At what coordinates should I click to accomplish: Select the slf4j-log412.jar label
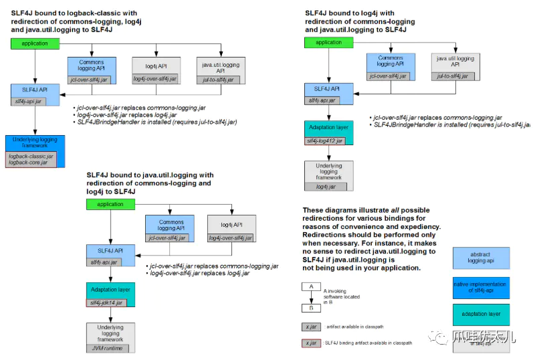pos(324,141)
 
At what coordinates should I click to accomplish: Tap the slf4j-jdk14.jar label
pos(107,302)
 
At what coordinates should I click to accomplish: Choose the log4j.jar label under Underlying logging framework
pos(324,187)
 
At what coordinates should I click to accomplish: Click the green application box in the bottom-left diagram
pos(110,204)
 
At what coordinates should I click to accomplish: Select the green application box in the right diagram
pos(328,43)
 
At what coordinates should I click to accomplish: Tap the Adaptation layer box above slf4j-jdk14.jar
pos(111,290)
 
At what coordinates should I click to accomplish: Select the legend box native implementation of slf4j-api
pos(480,288)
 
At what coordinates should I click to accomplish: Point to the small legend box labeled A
pos(309,286)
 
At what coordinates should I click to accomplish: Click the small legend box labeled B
pos(309,308)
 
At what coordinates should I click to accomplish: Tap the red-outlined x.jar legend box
pos(310,343)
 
